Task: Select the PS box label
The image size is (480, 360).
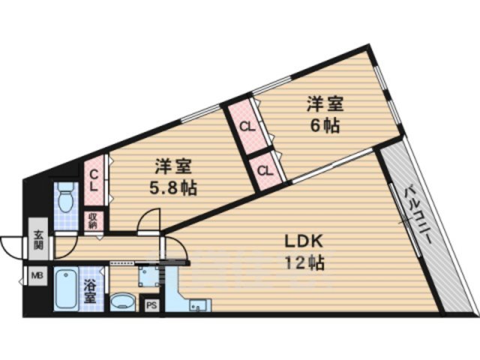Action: (x=151, y=305)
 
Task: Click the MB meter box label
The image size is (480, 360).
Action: (x=37, y=276)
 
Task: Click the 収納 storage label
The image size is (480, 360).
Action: (x=94, y=220)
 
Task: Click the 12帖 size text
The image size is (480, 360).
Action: (x=304, y=263)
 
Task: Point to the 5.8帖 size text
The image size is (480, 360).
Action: (x=173, y=187)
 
